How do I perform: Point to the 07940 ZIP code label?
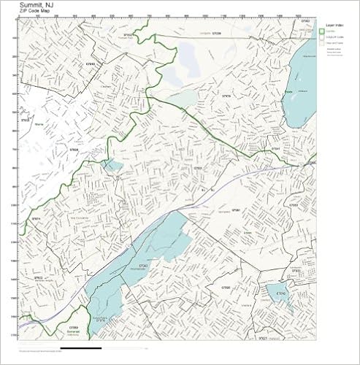[90, 64]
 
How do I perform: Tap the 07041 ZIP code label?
[277, 148]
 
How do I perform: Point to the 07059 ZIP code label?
[73, 328]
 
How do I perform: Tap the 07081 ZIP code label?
[235, 210]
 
